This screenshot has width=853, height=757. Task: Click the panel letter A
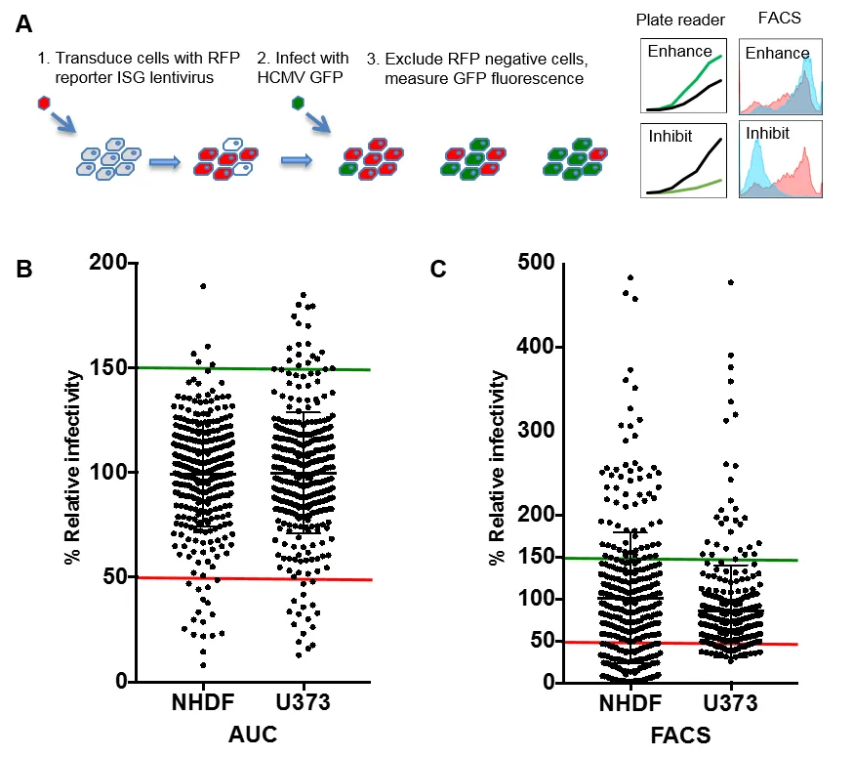click(x=26, y=24)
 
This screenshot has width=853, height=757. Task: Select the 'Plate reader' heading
click(x=680, y=21)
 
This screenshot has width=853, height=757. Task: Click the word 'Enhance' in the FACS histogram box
click(x=777, y=53)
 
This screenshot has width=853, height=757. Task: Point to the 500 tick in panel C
click(x=536, y=263)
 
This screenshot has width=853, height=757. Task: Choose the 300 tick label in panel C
click(x=536, y=431)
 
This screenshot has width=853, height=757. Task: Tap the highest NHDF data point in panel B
click(x=203, y=286)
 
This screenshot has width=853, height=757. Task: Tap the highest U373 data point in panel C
click(x=731, y=282)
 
